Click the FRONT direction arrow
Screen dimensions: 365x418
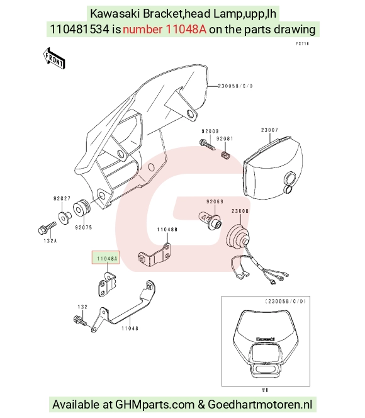[x=54, y=59]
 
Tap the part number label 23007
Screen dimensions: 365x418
[x=269, y=130]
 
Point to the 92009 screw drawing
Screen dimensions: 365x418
[x=207, y=145]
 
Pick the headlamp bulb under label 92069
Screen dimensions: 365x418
[x=210, y=219]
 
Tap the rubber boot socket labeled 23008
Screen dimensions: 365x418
[x=238, y=237]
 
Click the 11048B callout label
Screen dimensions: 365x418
[x=167, y=230]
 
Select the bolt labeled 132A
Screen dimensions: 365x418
[x=47, y=228]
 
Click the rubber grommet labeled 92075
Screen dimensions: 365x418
[x=81, y=208]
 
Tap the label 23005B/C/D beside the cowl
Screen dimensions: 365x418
[x=235, y=86]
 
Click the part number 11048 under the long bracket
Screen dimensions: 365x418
[x=130, y=329]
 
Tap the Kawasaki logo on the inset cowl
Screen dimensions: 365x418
[x=266, y=339]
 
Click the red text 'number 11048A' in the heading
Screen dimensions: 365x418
[x=164, y=30]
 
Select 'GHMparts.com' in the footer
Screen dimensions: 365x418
[x=155, y=405]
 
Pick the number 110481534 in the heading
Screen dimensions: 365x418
[x=80, y=30]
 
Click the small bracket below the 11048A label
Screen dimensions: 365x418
[x=106, y=284]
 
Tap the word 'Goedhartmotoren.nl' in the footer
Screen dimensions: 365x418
[x=261, y=405]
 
